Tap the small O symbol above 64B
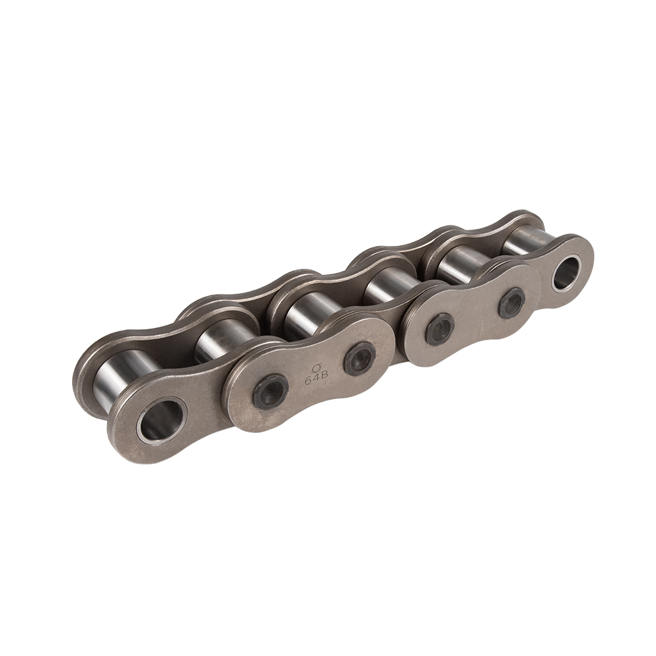315,369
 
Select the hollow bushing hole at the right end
566,273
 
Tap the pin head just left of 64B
270,392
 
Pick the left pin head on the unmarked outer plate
440,329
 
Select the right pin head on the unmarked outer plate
511,303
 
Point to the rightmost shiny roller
525,239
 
